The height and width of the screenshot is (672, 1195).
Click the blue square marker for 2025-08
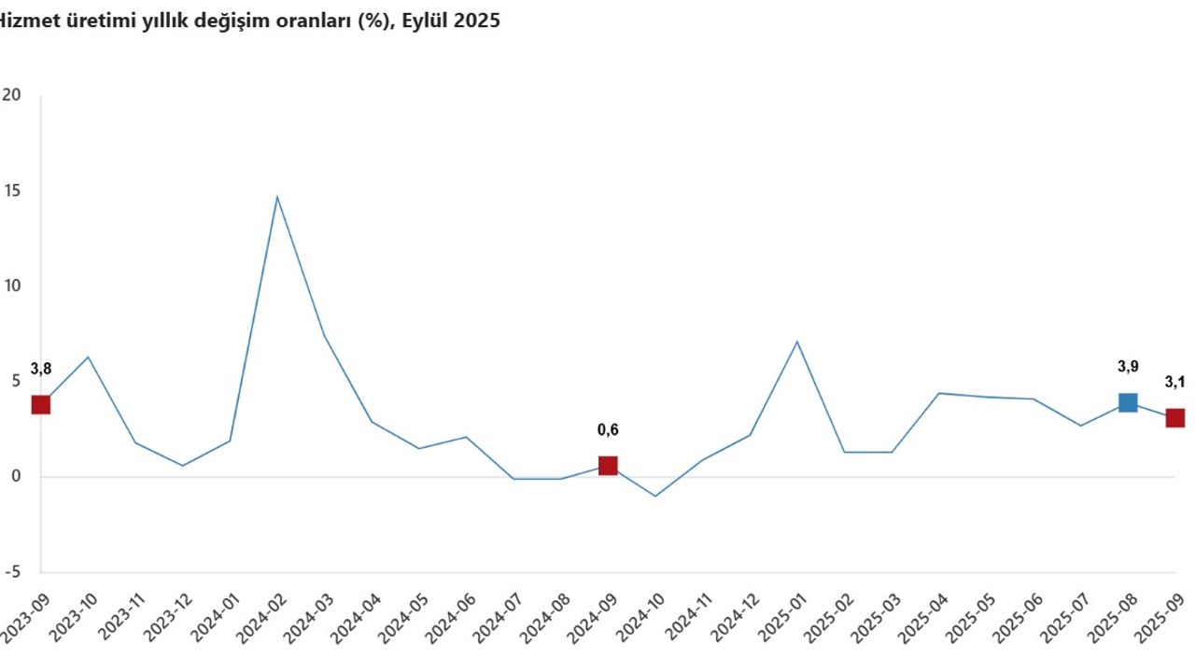coord(1128,402)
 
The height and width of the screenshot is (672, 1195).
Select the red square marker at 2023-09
coord(40,404)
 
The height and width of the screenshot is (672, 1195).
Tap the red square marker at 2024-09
coord(608,466)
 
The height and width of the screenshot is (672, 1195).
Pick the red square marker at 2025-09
coord(1174,417)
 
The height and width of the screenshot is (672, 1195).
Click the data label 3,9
coord(1128,367)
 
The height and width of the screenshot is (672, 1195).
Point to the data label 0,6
coord(608,430)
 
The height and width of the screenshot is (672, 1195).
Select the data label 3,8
coord(40,369)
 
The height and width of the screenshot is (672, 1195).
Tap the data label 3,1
coord(1174,382)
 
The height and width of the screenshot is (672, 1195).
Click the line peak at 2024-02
coord(276,197)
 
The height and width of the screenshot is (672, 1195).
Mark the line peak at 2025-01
coord(796,342)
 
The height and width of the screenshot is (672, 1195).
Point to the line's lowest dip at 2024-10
coord(655,496)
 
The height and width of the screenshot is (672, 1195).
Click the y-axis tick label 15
coord(11,190)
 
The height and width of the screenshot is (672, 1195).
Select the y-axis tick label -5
coord(11,573)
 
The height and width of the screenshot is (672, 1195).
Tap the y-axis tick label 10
coord(11,287)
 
